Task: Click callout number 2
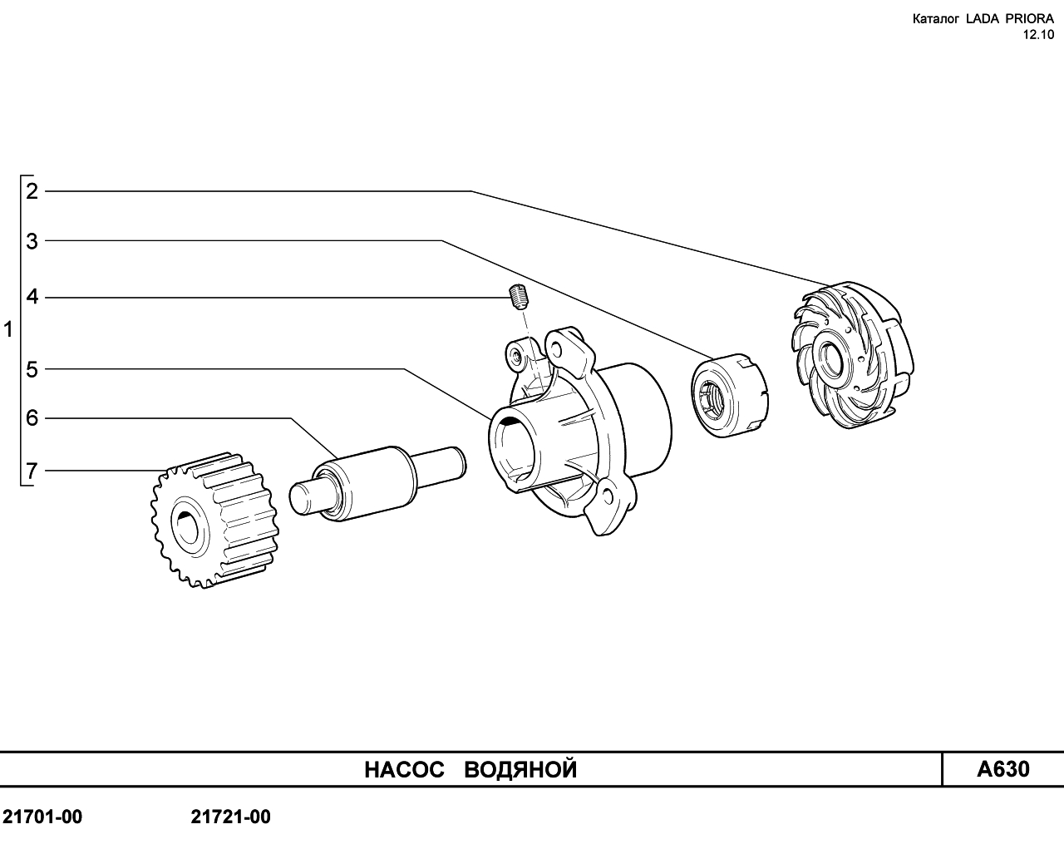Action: click(x=32, y=191)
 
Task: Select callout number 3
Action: click(x=32, y=241)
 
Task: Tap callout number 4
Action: click(x=32, y=297)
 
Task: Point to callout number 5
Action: click(x=32, y=369)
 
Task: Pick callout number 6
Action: click(x=32, y=418)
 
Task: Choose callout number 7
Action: click(x=32, y=471)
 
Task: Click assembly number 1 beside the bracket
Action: click(x=8, y=329)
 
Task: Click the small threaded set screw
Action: click(x=519, y=297)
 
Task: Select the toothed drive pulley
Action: click(x=214, y=520)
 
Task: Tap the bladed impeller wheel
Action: click(x=852, y=355)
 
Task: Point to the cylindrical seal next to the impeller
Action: click(x=730, y=395)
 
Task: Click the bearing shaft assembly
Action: click(x=377, y=483)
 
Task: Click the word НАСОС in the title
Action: click(x=404, y=770)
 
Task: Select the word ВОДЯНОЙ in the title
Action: click(x=520, y=771)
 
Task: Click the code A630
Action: click(x=1003, y=770)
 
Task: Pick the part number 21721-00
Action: click(x=231, y=817)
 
